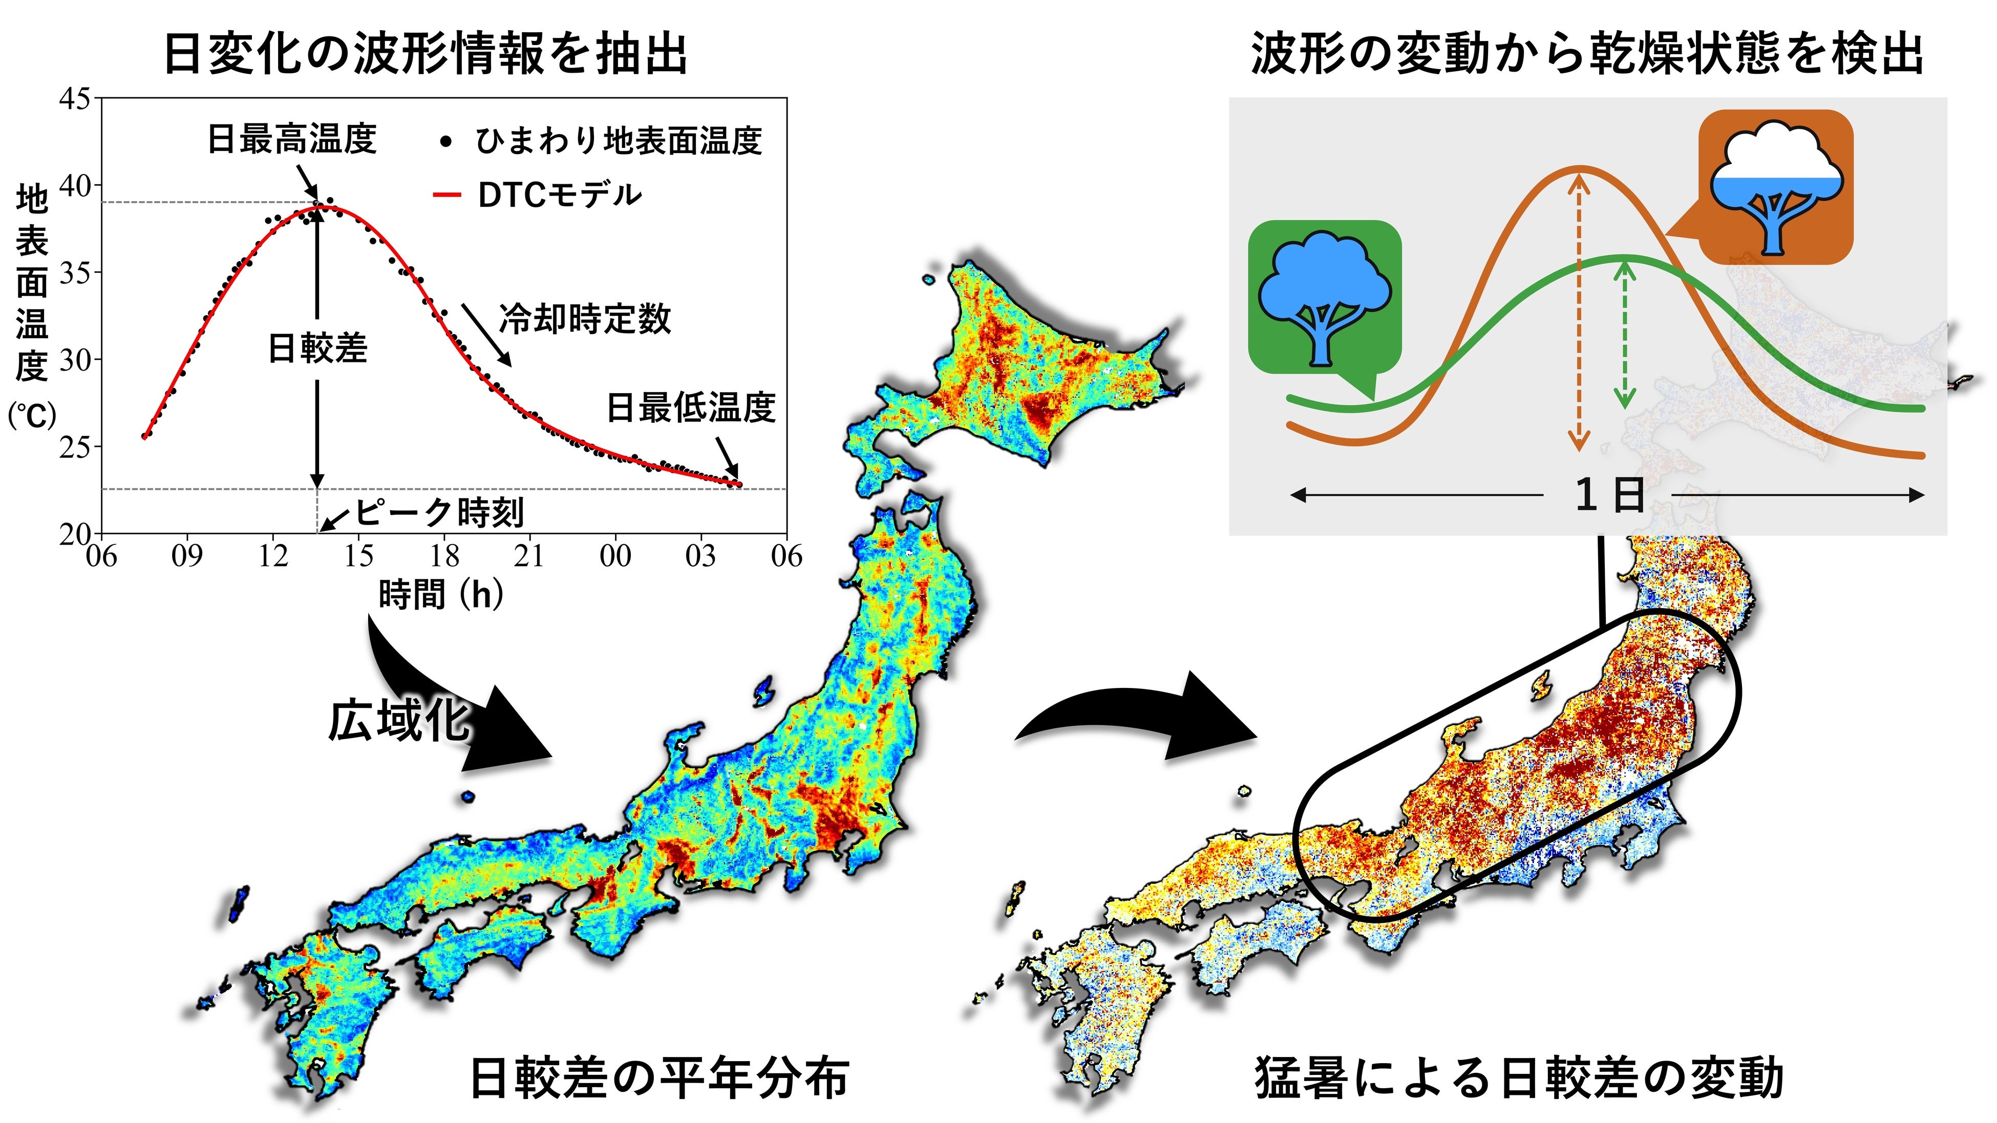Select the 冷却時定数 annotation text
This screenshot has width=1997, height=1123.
[x=585, y=318]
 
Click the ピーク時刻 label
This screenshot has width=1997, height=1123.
[x=439, y=512]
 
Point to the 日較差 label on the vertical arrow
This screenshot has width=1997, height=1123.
[x=317, y=348]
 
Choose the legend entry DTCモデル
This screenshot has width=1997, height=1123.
[x=560, y=195]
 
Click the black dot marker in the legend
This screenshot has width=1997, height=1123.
[x=446, y=142]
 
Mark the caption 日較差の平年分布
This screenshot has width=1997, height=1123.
[x=659, y=1078]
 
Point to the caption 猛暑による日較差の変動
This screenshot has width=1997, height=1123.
[x=1519, y=1078]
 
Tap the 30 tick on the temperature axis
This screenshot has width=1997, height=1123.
[x=75, y=360]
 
